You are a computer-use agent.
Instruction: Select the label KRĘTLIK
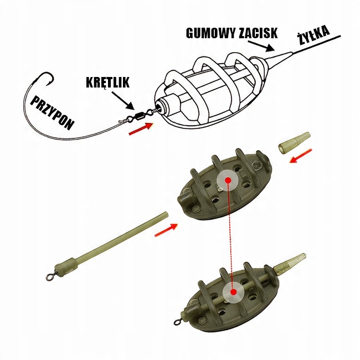pos(107,83)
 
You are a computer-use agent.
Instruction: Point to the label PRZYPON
pos(53,112)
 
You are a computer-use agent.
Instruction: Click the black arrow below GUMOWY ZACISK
pos(261,45)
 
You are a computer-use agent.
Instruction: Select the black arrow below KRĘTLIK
pos(122,100)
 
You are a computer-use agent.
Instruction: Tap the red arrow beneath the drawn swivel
pos(141,128)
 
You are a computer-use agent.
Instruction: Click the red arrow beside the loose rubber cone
pos(301,156)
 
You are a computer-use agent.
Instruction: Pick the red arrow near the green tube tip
pos(166,230)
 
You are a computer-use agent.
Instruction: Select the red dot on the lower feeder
pos(234,292)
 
